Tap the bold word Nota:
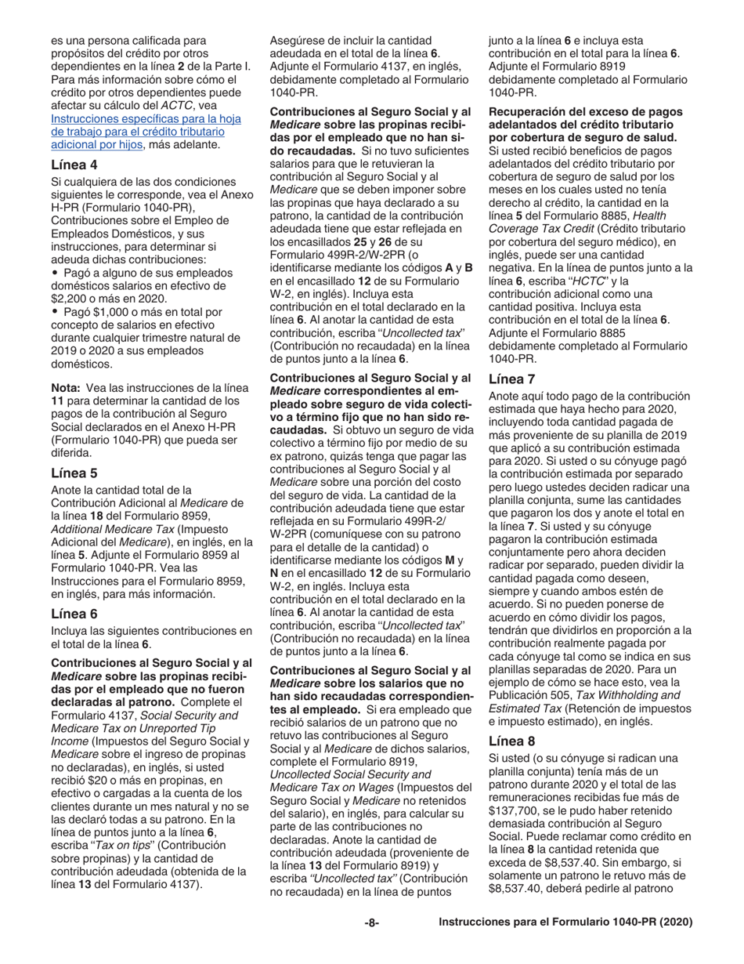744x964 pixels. click(67, 386)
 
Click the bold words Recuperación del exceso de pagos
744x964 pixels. click(578, 111)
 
